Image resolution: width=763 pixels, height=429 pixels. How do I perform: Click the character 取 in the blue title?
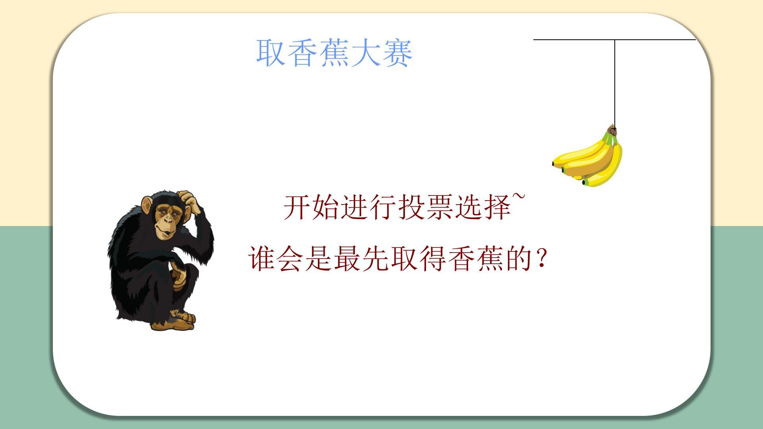click(x=271, y=52)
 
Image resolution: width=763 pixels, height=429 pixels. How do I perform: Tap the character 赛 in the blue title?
click(x=397, y=52)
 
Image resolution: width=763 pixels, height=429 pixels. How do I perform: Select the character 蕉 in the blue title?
click(x=334, y=52)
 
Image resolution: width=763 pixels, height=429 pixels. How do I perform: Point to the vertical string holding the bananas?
click(x=615, y=82)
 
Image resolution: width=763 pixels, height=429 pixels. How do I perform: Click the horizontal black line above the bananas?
click(x=614, y=40)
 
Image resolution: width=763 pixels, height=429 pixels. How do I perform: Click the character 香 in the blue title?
click(x=302, y=52)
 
